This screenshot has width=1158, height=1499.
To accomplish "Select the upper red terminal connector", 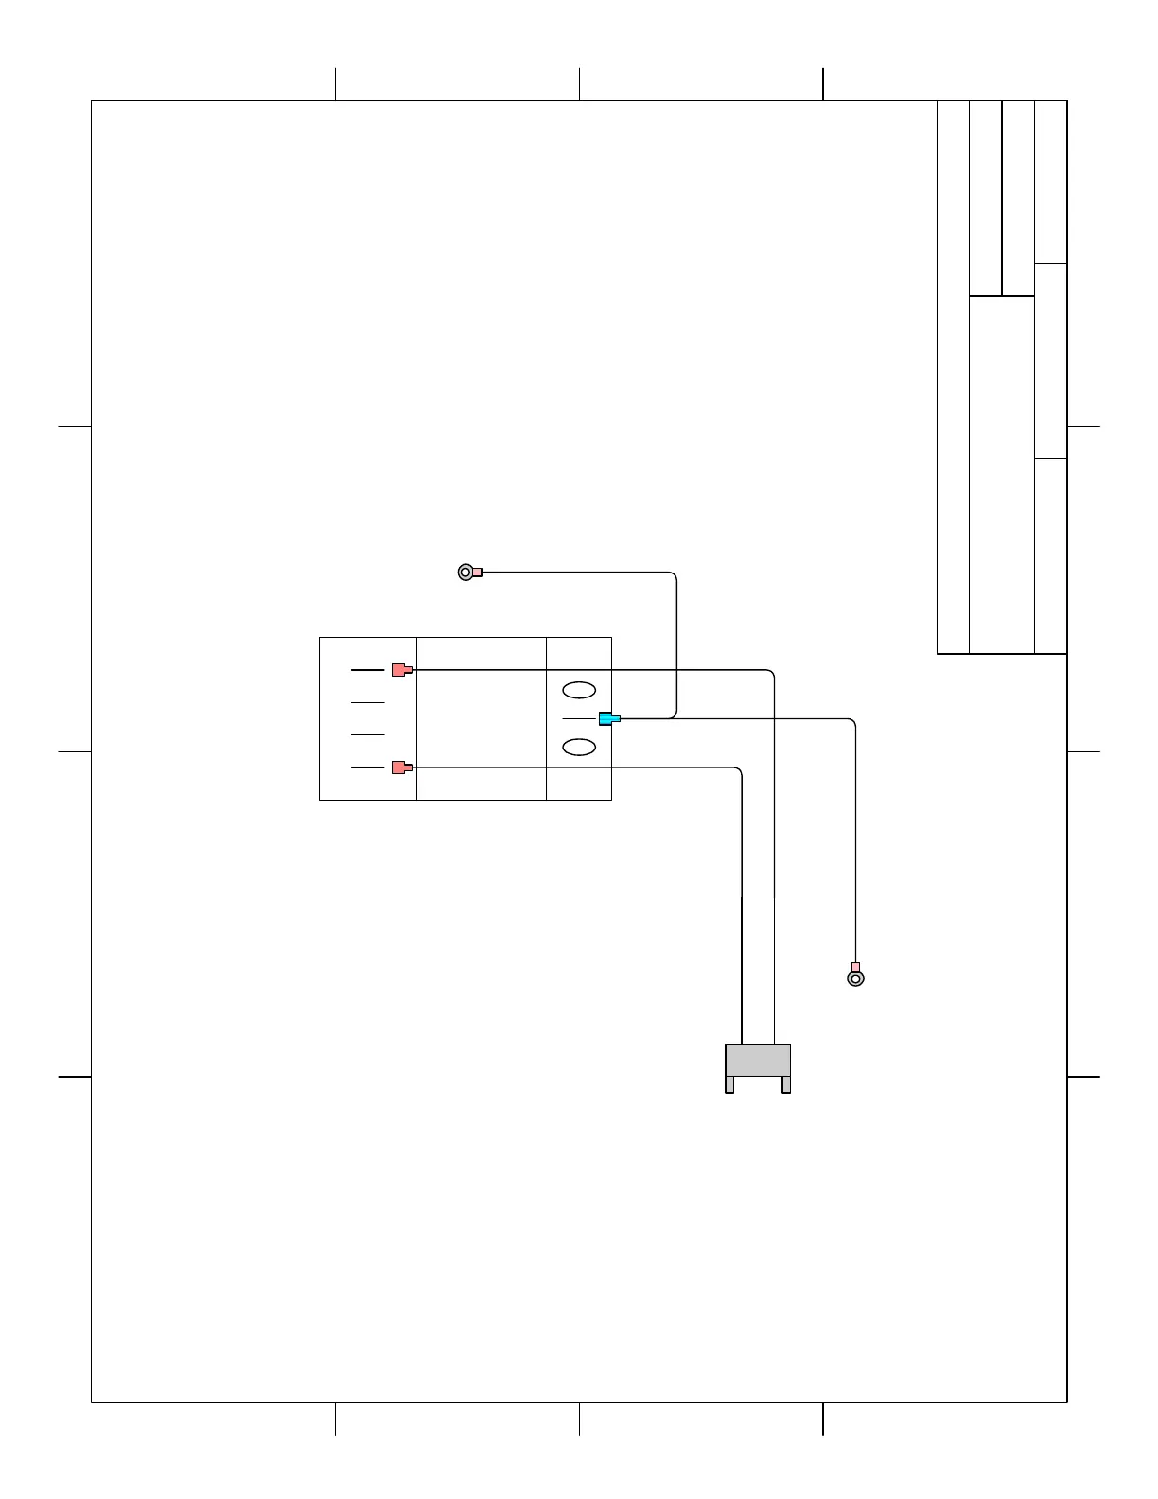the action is tap(402, 670).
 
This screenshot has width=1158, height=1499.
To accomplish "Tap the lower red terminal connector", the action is tap(402, 767).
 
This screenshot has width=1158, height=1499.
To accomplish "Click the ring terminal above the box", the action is tap(465, 572).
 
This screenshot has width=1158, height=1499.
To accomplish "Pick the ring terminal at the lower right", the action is tap(855, 979).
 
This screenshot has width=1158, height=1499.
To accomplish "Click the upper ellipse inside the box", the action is tap(578, 689).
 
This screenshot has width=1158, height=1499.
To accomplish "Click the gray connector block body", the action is tap(758, 1060).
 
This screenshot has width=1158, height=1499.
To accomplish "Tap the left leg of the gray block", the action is tap(729, 1085).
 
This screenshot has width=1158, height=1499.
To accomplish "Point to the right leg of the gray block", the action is tap(786, 1085).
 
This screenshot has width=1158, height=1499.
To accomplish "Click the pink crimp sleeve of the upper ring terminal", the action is tap(478, 572).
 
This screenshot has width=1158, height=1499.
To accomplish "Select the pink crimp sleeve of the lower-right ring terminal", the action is tap(855, 966).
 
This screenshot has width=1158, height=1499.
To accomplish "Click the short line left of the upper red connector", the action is tap(367, 670).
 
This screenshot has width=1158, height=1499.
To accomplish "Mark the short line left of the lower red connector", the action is tap(367, 767).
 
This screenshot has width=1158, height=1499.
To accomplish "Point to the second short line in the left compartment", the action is tap(367, 702).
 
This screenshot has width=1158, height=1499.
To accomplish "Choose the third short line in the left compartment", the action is tap(367, 734).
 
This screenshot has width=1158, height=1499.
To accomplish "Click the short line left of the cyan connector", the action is tap(579, 719).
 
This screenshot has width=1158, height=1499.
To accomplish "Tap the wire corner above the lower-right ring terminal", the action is tap(853, 722).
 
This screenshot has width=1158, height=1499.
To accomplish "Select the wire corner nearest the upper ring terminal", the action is tap(675, 573).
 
